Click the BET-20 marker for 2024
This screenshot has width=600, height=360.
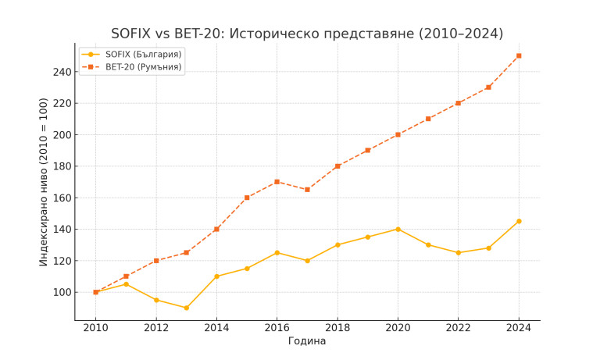519,55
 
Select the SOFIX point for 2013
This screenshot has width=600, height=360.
186,308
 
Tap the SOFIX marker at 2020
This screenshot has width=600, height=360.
398,229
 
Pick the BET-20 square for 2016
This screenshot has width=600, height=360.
277,182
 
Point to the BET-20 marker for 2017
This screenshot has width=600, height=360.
307,190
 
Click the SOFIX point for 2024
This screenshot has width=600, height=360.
519,221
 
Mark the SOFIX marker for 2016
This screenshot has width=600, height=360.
277,252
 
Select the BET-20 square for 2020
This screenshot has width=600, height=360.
398,134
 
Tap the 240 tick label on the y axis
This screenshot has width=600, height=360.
62,72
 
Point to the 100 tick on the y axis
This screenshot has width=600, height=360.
62,292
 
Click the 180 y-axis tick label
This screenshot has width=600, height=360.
62,166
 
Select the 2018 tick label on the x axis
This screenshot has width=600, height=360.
337,329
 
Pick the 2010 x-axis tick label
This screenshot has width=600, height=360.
96,329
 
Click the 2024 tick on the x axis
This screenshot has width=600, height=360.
519,329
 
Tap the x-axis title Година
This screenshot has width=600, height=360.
307,341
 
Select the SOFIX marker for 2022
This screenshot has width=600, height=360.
458,252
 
